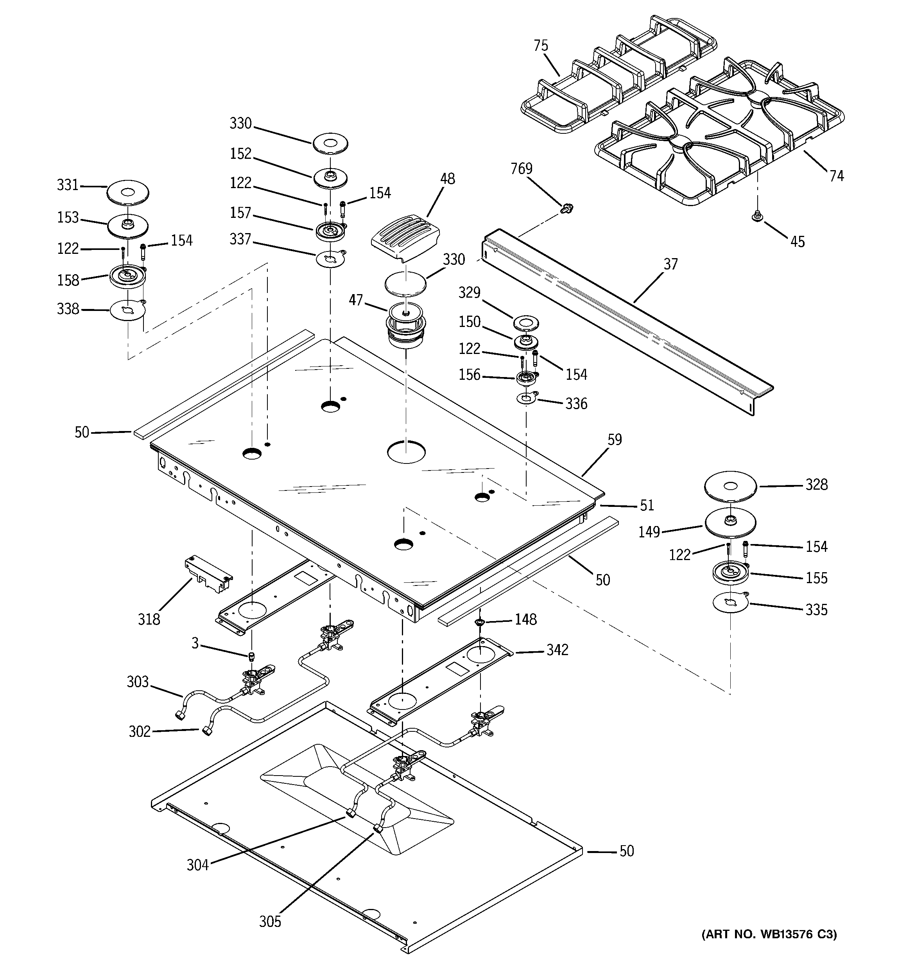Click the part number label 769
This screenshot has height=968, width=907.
(522, 169)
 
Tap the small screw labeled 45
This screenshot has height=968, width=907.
(757, 216)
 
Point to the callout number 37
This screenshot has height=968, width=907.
(670, 264)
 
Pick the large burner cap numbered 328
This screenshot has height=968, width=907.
(730, 486)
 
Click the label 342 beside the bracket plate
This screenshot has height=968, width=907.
(557, 650)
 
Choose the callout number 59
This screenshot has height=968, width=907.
(615, 440)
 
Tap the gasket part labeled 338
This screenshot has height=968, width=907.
(127, 310)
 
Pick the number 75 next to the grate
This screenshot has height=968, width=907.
(540, 46)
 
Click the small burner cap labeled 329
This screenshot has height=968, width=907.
(526, 322)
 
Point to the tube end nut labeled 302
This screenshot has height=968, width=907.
(208, 731)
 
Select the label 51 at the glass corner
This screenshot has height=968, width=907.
(647, 506)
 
